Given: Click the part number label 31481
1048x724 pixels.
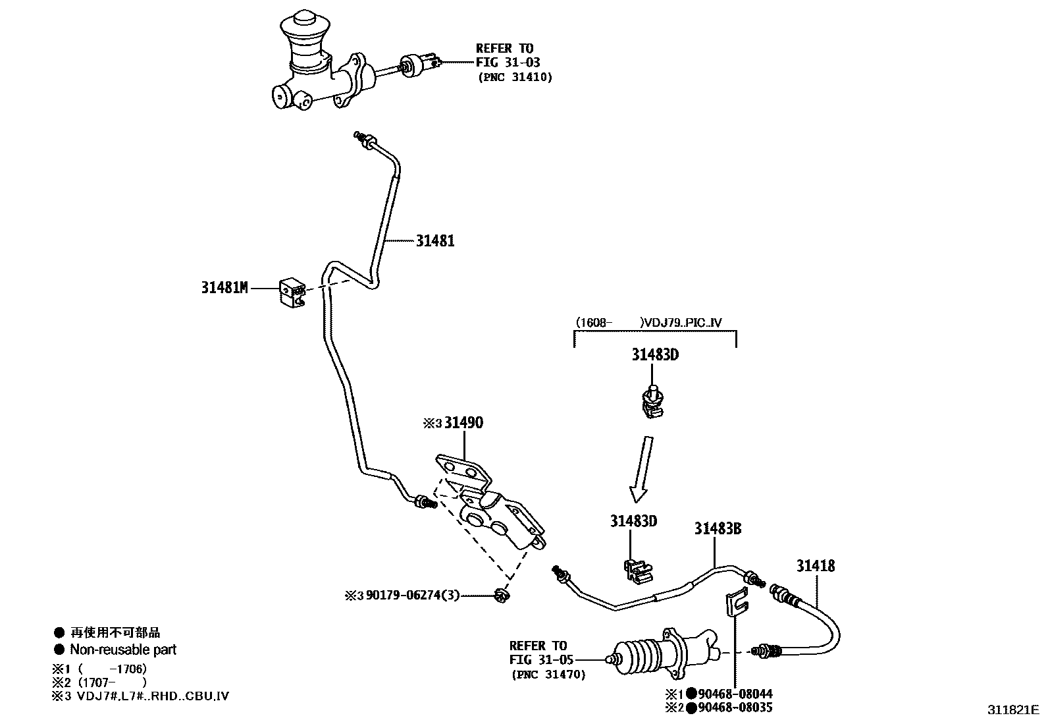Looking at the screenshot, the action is pos(435,240).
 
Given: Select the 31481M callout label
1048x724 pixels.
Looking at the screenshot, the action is pos(224,287).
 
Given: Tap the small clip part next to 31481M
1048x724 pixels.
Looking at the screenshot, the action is pos(292,292).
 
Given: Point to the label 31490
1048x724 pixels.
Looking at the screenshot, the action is pos(463,422).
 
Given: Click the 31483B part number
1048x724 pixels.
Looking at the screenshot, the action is pos(718,528).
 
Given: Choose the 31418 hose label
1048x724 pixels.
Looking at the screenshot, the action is pos(816,566).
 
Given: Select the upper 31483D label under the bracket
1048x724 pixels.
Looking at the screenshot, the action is pos(655,354).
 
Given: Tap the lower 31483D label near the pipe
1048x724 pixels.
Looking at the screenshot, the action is pos(633,520).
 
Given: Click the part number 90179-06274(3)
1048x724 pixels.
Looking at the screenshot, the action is pos(413,596).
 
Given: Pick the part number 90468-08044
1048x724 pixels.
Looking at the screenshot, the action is pos(735,694).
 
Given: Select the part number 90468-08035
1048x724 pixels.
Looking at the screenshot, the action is pos(735,707).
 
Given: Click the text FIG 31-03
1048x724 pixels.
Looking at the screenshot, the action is pos(508,63).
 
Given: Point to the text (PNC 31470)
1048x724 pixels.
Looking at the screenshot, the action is pos(548,675).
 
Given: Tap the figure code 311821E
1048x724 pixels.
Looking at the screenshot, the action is pos(1013,710).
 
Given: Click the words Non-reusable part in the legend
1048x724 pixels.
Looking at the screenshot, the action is pos(123,650).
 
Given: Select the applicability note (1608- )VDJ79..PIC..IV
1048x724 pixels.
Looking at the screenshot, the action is pos(648,322).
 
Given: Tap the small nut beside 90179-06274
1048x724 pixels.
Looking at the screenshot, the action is pos(502,596).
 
